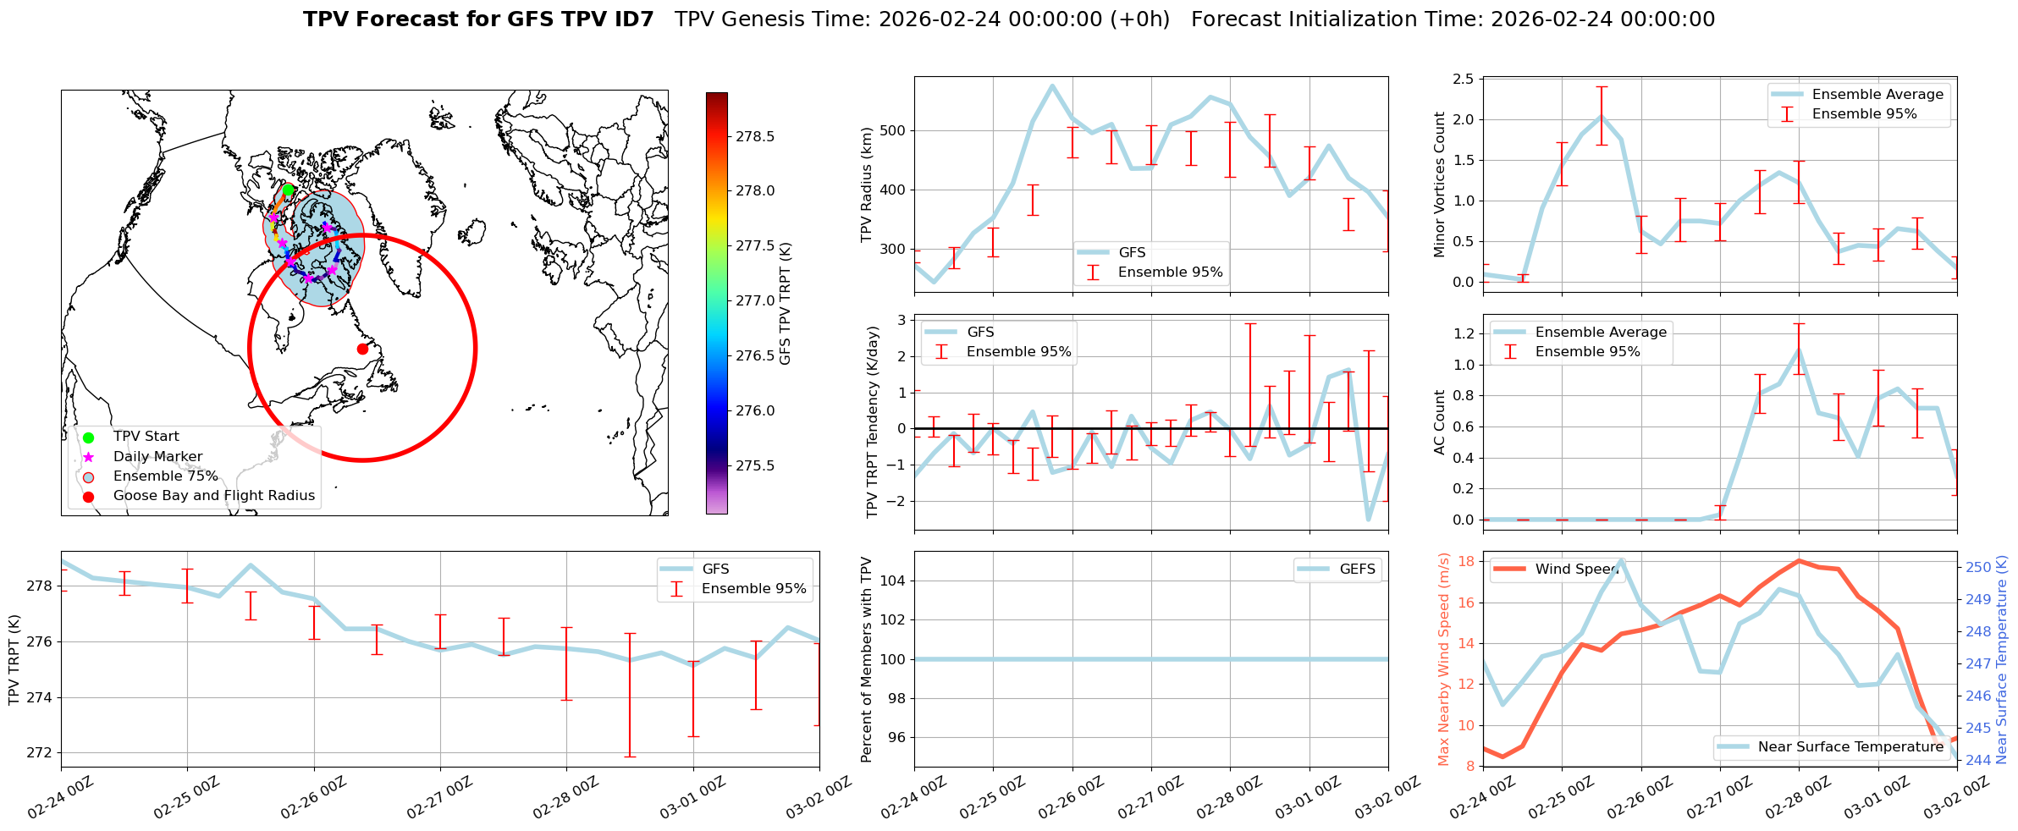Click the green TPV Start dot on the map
pos(288,190)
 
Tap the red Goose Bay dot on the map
pos(362,349)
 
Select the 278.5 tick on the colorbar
pos(754,136)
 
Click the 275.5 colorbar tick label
pos(754,465)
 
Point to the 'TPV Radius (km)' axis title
pos(867,184)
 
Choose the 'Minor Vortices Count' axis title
pos(1439,184)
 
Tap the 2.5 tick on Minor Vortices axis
pos(1463,80)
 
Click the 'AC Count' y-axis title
pos(1439,422)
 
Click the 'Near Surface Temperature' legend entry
pos(1850,747)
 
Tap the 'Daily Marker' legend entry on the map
pos(157,457)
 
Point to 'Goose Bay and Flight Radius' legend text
pos(213,496)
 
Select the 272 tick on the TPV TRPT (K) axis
pos(41,753)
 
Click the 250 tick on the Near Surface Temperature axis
pos(1978,568)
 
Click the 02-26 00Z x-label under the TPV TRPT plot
pos(313,796)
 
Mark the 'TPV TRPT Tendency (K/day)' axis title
pos(873,422)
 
